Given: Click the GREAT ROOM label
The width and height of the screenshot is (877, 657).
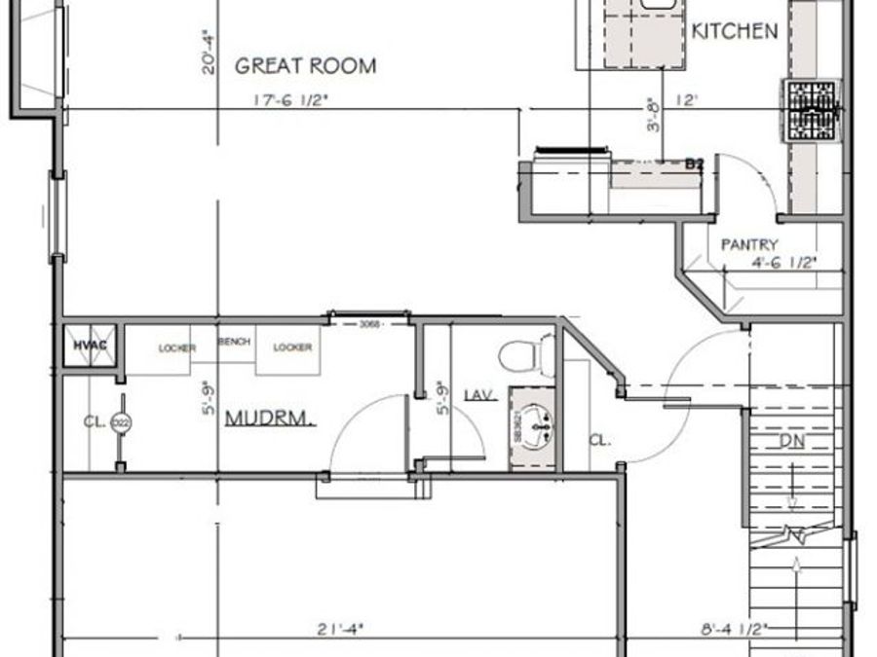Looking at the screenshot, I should click(306, 66).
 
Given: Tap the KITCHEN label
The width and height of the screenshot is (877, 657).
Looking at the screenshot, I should click(735, 31).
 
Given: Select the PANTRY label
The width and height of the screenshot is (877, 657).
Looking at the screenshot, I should click(749, 244).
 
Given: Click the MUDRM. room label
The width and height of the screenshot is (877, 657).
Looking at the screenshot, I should click(271, 420).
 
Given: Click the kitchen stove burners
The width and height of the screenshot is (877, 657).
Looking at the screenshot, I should click(812, 109).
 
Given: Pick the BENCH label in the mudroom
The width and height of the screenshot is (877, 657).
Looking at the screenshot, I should click(234, 342).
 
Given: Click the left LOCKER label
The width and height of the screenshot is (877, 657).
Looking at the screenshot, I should click(179, 347).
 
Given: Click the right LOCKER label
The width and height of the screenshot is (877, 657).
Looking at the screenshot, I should click(292, 347).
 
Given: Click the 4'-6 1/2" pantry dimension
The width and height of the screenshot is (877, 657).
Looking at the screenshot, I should click(782, 262).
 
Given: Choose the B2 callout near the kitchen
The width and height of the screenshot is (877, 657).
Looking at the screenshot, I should click(694, 164).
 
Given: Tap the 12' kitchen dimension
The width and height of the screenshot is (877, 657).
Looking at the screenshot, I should click(688, 98).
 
